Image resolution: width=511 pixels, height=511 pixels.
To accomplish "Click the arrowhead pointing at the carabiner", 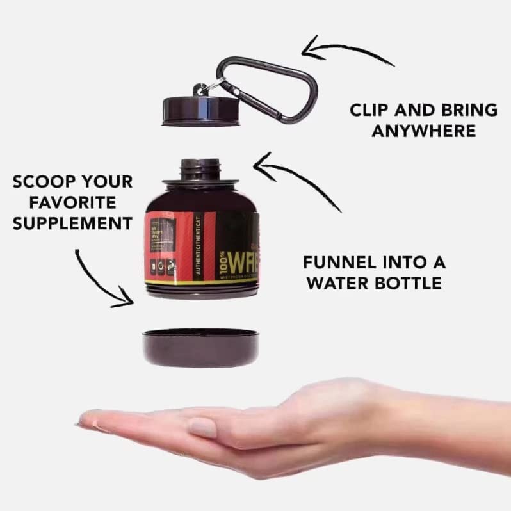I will coord(309,45).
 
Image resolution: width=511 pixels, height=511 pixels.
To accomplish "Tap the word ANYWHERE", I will coord(425,131).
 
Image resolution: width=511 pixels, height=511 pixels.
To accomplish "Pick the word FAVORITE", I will coord(63,202).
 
